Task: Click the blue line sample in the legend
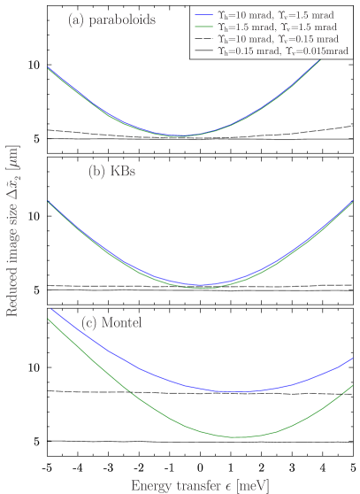(205, 15)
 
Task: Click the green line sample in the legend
(205, 27)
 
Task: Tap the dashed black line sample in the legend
(205, 40)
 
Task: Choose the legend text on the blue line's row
(276, 15)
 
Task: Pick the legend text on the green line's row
(276, 27)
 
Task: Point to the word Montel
(124, 322)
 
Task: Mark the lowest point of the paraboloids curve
(181, 135)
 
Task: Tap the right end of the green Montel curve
(353, 385)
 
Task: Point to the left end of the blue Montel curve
(52, 309)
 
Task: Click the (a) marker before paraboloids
(76, 20)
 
